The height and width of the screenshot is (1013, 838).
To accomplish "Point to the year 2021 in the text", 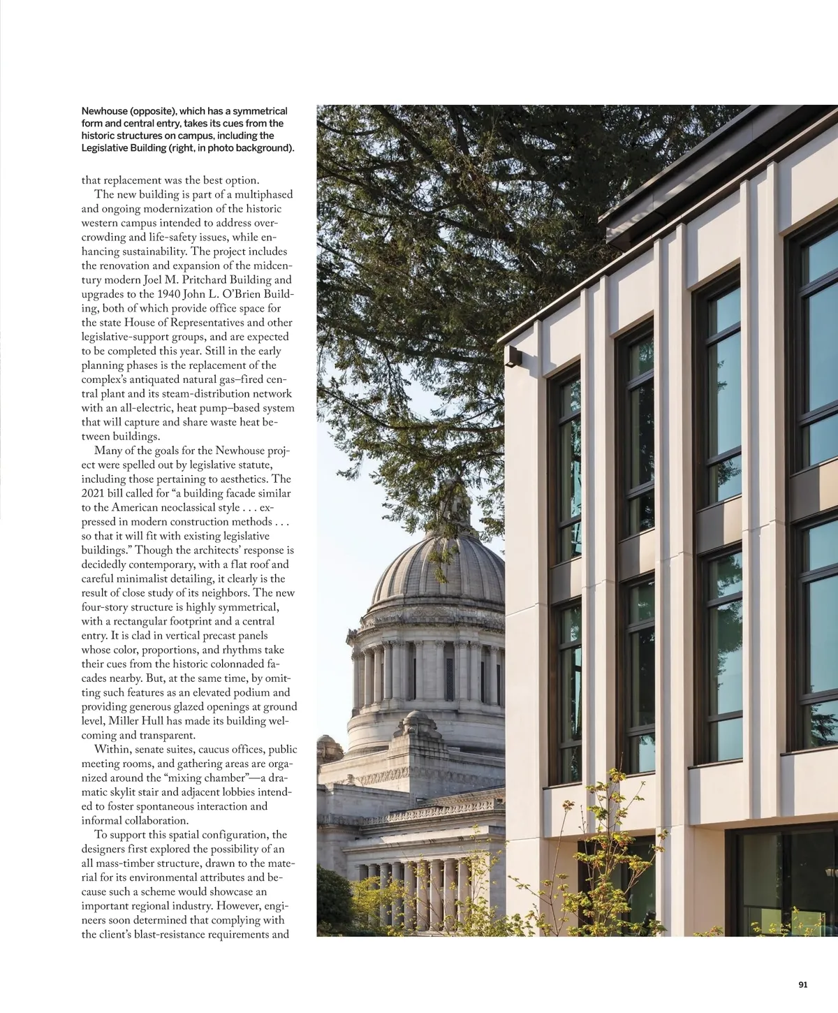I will pos(95,493).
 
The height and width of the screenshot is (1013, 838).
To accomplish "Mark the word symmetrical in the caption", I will pos(259,111).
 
